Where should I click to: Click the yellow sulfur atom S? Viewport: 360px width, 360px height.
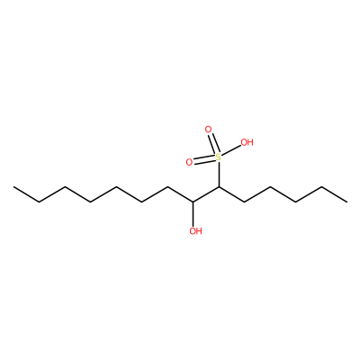click(219, 157)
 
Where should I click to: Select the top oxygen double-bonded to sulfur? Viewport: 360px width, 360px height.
click(208, 130)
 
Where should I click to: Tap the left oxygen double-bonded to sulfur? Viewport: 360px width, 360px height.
click(189, 162)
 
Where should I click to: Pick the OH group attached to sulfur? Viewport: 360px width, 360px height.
click(247, 142)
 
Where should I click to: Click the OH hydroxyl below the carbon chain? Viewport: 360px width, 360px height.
click(195, 231)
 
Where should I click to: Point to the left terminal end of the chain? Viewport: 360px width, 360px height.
click(13, 187)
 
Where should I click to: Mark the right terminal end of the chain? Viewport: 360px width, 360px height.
click(347, 202)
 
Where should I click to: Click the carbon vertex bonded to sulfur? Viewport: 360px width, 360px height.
click(219, 187)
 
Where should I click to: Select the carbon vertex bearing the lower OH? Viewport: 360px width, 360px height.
click(193, 202)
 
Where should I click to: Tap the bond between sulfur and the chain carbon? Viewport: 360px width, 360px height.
click(219, 174)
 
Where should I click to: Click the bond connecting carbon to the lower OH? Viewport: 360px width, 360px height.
click(193, 214)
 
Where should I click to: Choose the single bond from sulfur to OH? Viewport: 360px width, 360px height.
click(231, 150)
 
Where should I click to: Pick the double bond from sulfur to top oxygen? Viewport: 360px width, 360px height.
click(213, 143)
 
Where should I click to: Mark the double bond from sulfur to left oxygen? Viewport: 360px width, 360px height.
click(204, 160)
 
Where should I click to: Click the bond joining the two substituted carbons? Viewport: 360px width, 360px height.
click(206, 194)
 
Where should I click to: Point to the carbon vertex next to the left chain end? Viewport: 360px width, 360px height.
click(40, 202)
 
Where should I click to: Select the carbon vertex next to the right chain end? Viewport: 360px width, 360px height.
click(321, 187)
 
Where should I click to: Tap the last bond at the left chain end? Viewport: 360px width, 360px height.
click(26, 194)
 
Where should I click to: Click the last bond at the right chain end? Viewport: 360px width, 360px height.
click(334, 194)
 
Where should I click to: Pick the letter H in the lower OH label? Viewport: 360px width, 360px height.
click(199, 231)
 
